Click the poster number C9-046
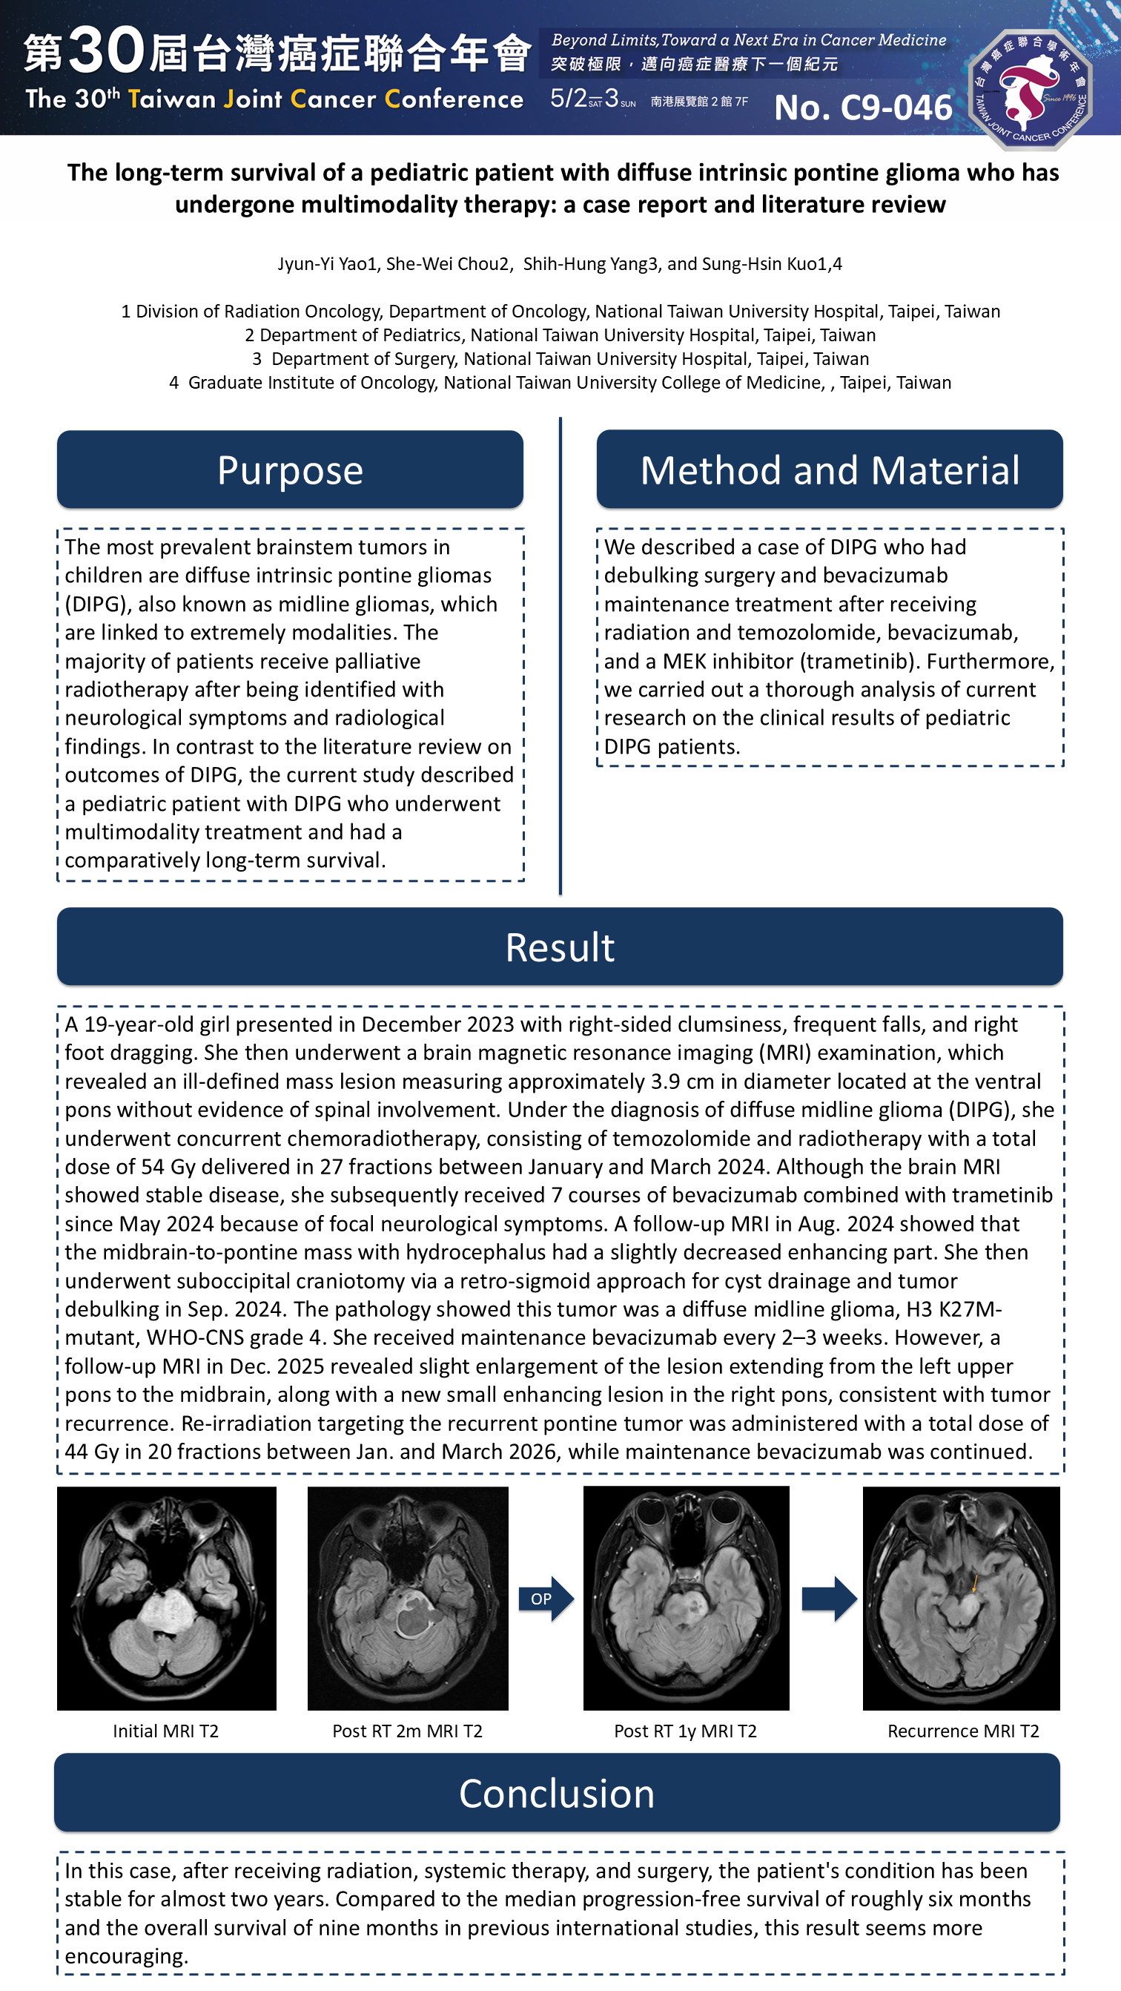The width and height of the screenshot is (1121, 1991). (x=863, y=108)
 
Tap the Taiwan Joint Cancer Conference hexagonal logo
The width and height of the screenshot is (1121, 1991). (x=1030, y=89)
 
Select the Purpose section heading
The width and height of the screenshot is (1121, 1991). (x=290, y=470)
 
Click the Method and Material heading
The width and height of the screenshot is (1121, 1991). (x=829, y=470)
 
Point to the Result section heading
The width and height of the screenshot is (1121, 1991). (x=559, y=947)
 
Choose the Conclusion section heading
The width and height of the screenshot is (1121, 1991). (x=556, y=1793)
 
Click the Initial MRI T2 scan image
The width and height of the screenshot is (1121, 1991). (x=167, y=1599)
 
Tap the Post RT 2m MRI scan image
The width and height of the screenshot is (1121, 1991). (x=408, y=1599)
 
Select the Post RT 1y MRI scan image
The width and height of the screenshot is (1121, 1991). (x=686, y=1599)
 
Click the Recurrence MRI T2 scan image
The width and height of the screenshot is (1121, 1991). (x=961, y=1599)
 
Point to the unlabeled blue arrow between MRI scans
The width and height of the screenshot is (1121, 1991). (x=829, y=1599)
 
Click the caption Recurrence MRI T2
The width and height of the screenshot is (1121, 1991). (x=962, y=1731)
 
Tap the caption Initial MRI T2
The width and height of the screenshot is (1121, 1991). (x=165, y=1731)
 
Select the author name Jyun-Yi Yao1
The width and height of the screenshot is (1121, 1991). (x=327, y=264)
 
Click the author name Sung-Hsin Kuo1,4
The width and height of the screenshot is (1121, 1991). (x=772, y=264)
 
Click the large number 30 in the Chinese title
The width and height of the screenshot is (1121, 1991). (x=107, y=50)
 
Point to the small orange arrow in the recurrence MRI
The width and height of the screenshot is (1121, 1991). (x=974, y=1584)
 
